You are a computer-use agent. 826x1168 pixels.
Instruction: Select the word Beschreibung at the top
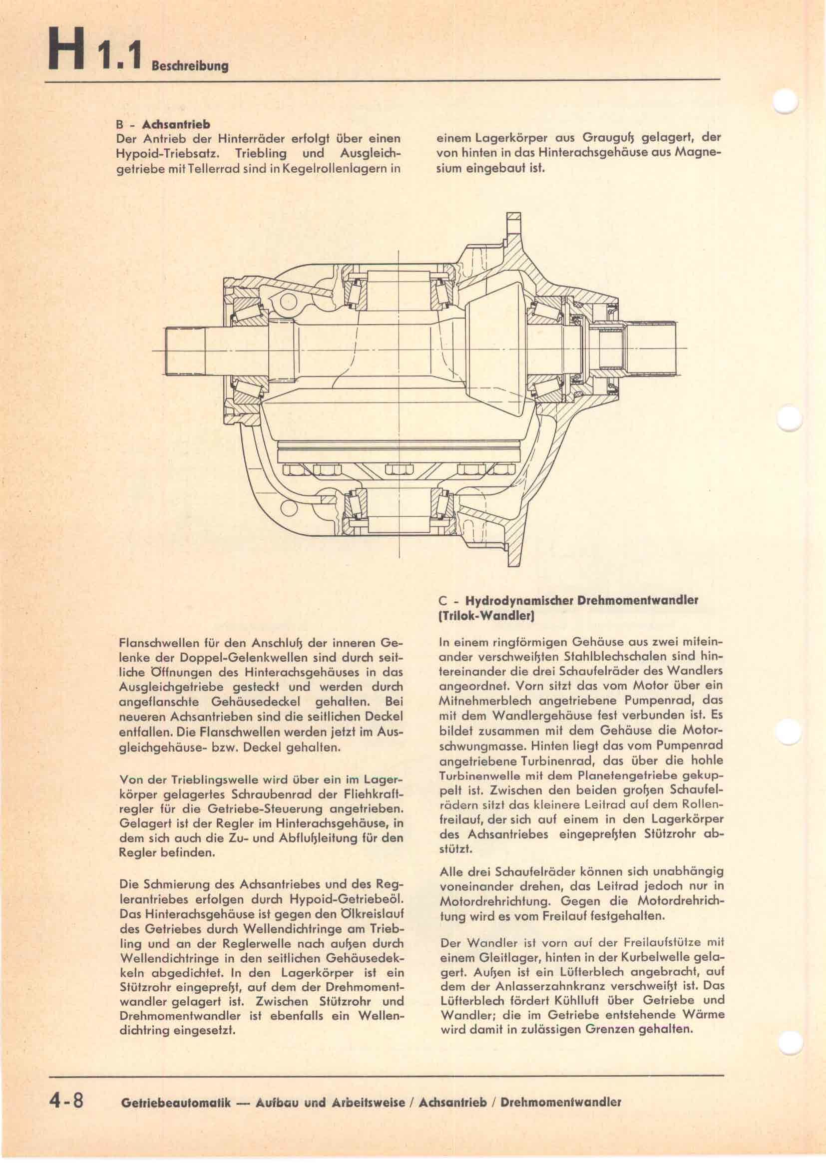pos(190,66)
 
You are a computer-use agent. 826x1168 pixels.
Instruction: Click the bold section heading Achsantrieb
pos(176,124)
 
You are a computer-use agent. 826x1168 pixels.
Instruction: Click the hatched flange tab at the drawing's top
pos(514,224)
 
